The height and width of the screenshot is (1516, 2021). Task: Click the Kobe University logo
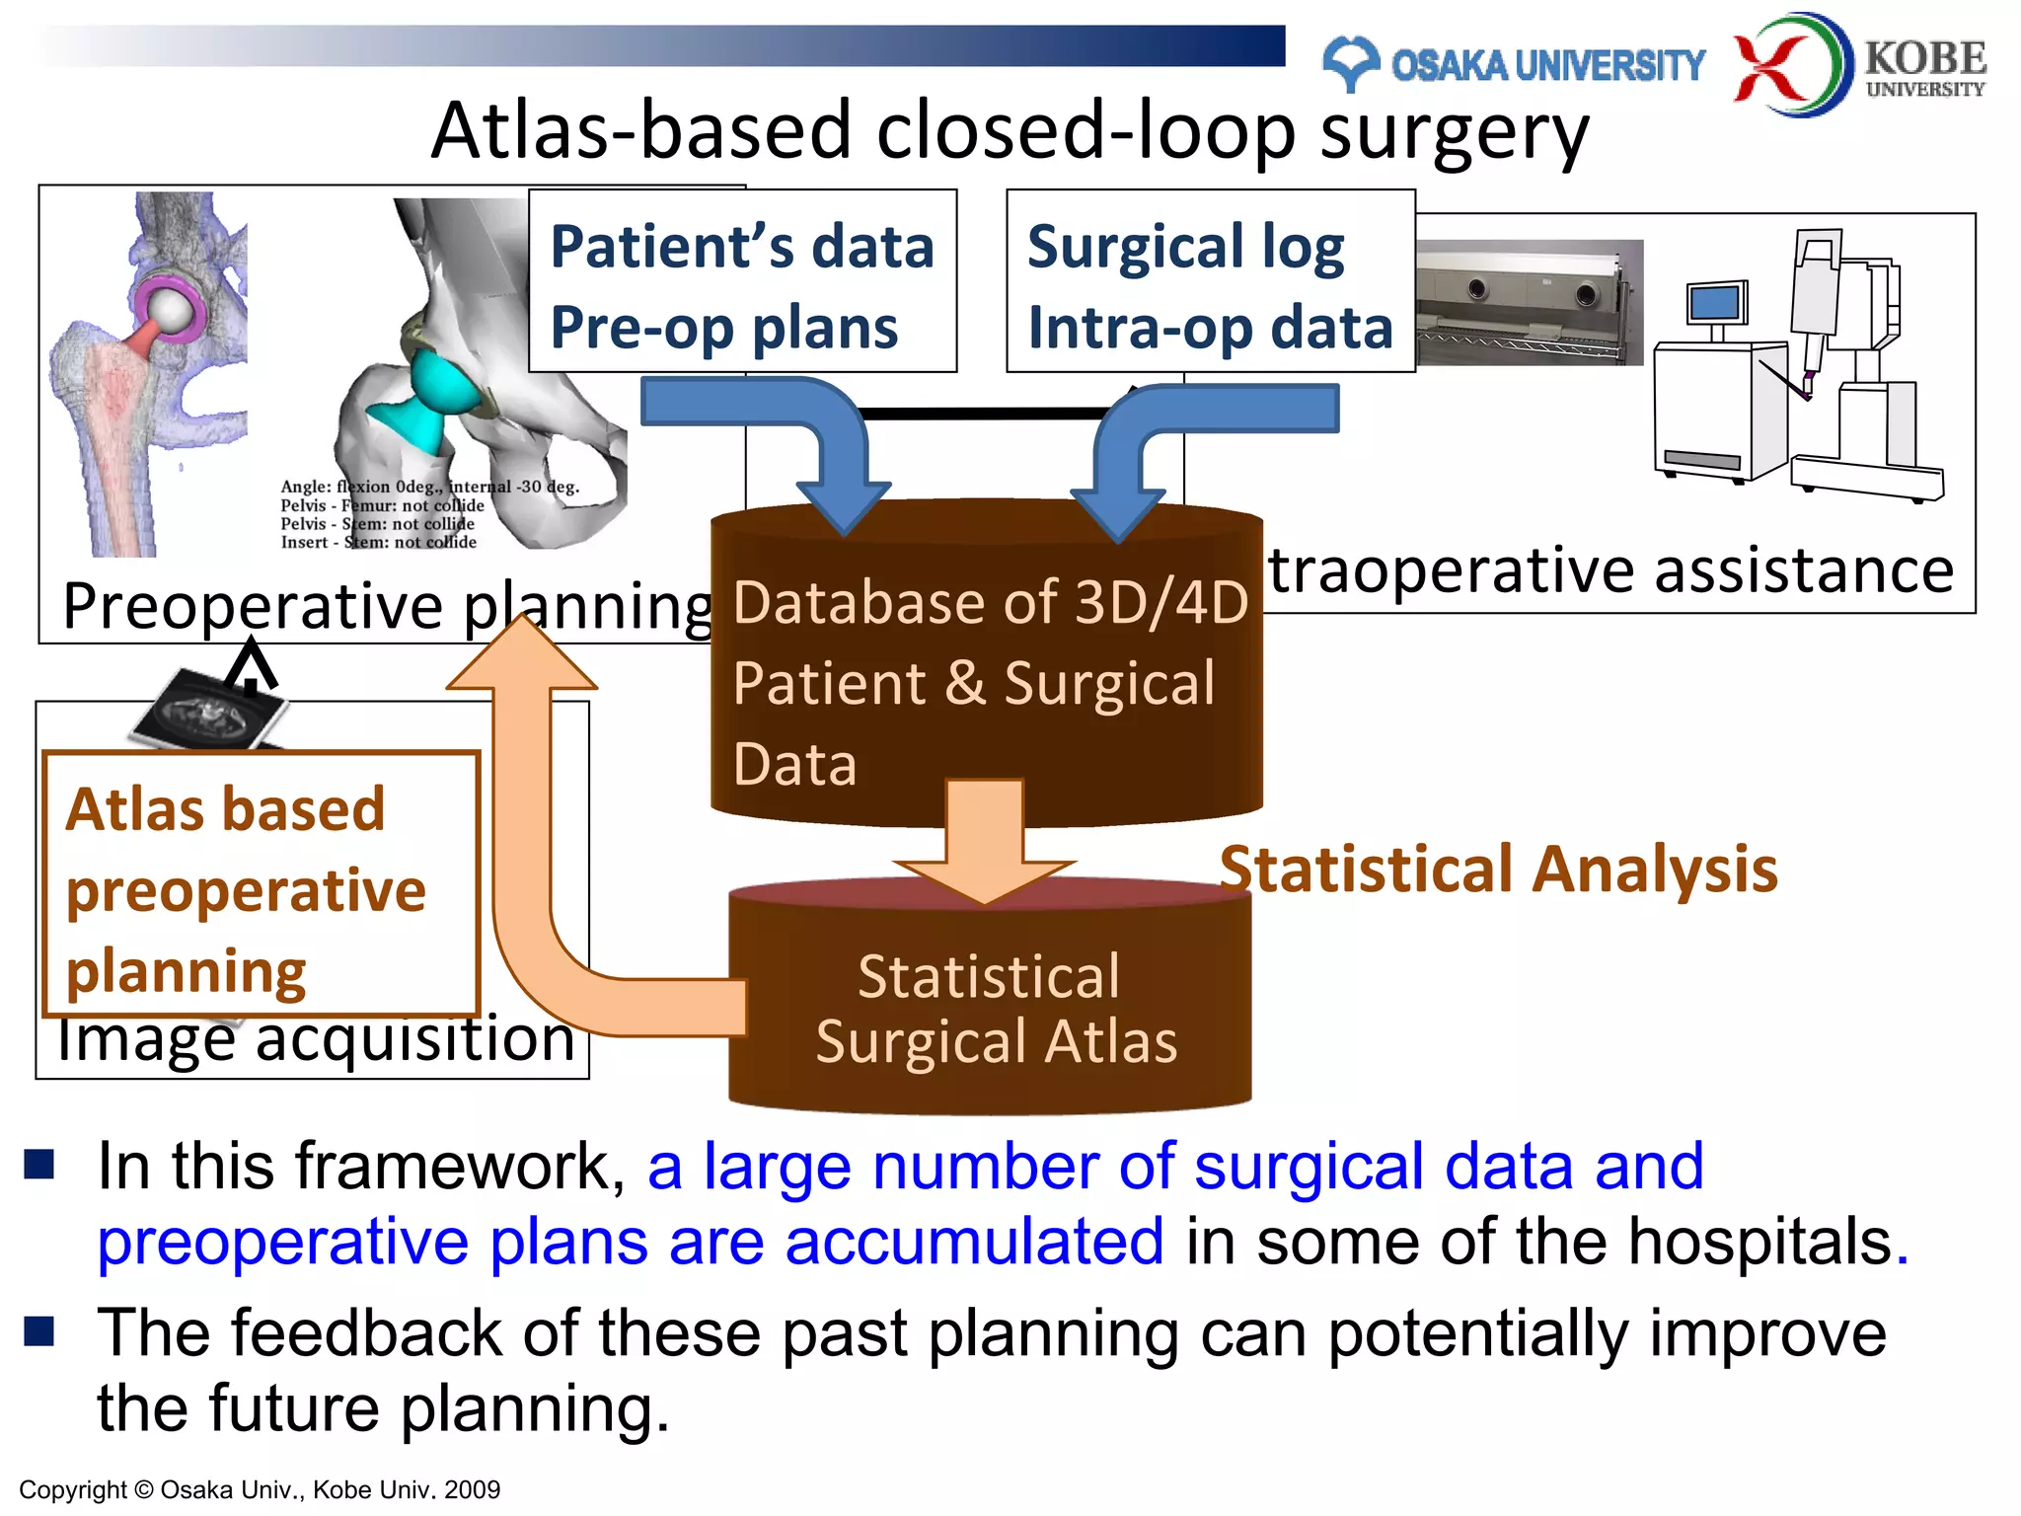tap(1860, 63)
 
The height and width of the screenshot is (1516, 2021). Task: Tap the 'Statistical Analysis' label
tap(1498, 870)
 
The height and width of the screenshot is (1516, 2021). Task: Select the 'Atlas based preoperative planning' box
tap(260, 885)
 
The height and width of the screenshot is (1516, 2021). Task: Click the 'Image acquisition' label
tap(316, 1042)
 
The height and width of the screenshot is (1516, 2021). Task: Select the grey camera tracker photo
tap(1529, 301)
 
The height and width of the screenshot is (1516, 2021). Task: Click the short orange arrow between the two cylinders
tap(984, 839)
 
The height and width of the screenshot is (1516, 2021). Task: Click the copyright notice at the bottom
tap(260, 1489)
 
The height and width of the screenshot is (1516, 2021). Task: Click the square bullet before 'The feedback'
tap(39, 1331)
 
